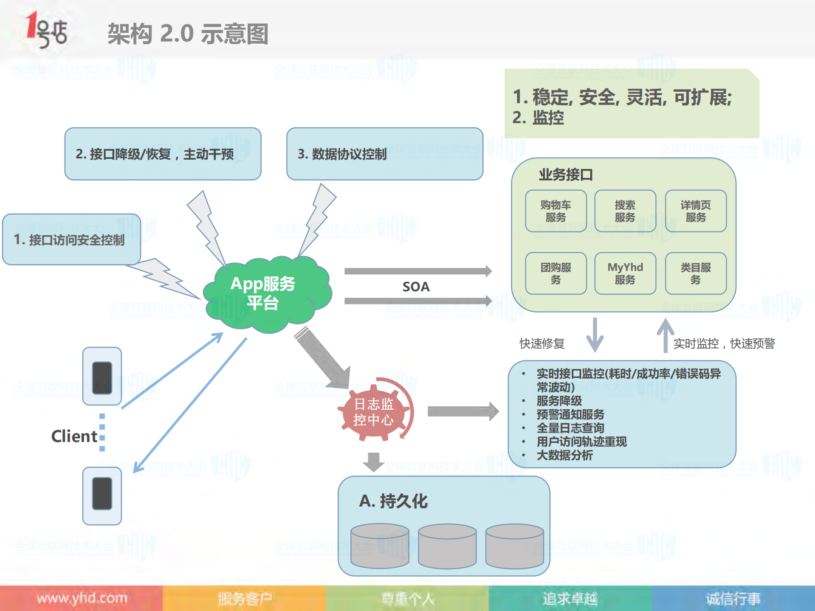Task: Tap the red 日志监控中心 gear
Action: coord(374,412)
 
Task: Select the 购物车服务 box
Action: coord(556,211)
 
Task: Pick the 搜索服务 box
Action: coord(625,211)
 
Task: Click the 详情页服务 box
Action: coord(695,211)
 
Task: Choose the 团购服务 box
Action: coord(556,273)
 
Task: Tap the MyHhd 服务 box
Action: coord(625,273)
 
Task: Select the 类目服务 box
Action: coord(695,273)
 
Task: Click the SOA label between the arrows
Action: coord(416,287)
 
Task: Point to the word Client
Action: coord(74,436)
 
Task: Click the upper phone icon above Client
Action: coord(102,376)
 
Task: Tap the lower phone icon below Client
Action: coord(102,495)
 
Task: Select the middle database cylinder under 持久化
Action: coord(447,546)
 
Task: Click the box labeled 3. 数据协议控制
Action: coord(384,154)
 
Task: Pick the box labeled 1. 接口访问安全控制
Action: coord(71,239)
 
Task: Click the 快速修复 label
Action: coord(542,343)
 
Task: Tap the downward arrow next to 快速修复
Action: coord(595,335)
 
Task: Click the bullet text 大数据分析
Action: coord(564,455)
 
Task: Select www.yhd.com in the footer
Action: coord(82,598)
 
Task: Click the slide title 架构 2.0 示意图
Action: coord(188,34)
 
